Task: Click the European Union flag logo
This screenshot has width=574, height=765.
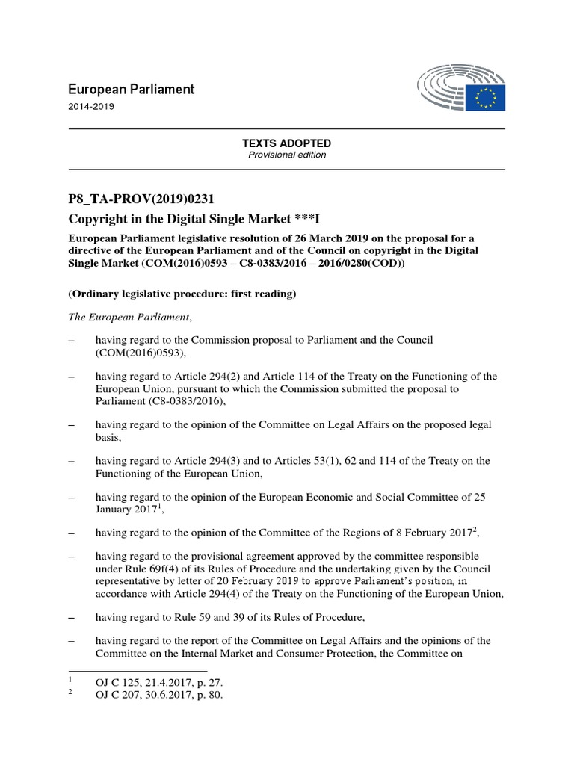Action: [x=487, y=96]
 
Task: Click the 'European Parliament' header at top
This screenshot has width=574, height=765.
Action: [x=131, y=89]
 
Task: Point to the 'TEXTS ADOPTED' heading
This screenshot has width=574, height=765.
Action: [x=286, y=143]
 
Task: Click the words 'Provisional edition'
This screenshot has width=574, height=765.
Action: [x=286, y=155]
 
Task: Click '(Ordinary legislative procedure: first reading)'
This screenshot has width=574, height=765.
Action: [x=182, y=294]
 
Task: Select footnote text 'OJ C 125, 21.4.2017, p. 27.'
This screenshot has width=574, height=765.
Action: [x=158, y=683]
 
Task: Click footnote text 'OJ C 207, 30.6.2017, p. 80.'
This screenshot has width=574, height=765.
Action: [x=158, y=695]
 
